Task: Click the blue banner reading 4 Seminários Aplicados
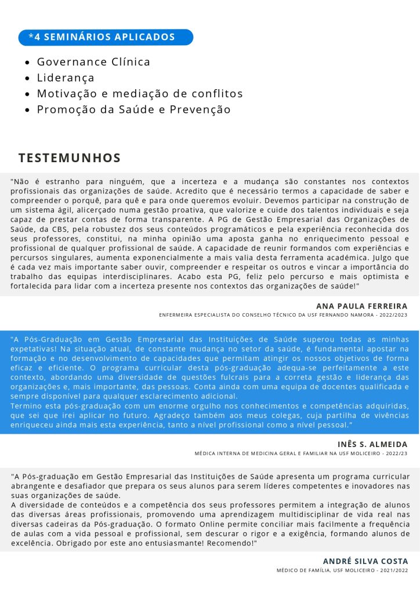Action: tap(106, 37)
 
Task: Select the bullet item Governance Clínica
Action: tap(93, 62)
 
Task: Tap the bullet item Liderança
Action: tap(66, 78)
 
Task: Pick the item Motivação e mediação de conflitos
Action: tap(140, 93)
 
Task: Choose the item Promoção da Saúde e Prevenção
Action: tap(134, 109)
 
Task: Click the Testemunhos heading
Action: tap(70, 158)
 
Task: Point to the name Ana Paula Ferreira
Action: tap(361, 306)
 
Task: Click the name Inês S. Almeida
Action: tap(372, 444)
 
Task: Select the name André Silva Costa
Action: tap(365, 561)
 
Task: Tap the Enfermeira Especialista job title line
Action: tap(283, 315)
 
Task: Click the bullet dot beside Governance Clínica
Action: tap(28, 63)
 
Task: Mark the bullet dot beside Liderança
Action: tap(28, 78)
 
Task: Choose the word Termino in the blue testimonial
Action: tap(26, 406)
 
